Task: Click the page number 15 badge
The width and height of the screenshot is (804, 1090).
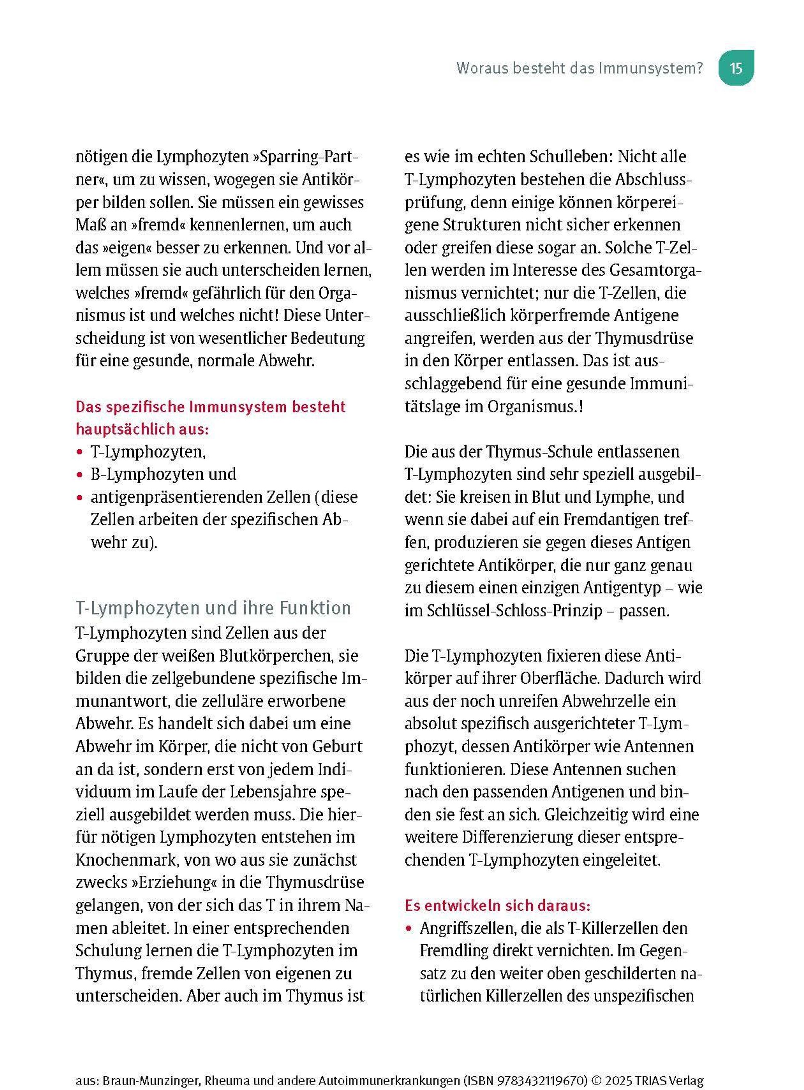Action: click(736, 68)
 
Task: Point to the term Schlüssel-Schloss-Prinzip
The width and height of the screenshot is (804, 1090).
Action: click(515, 611)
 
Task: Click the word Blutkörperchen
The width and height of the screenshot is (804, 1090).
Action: click(276, 656)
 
